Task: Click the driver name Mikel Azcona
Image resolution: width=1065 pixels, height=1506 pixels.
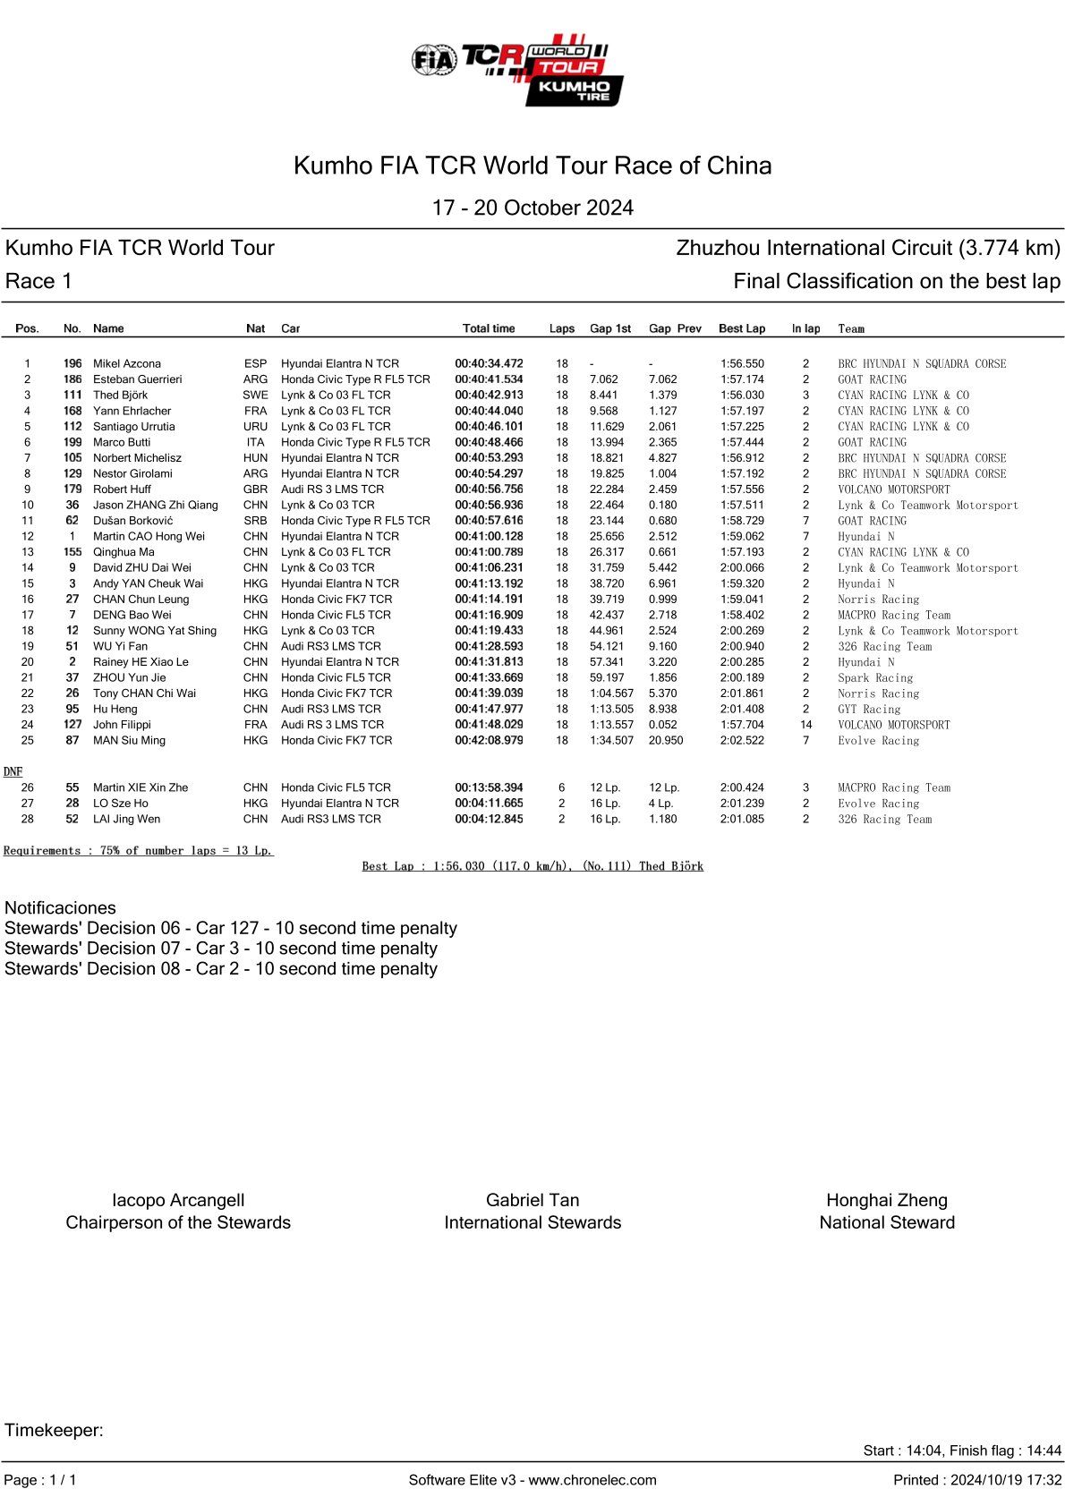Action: pos(127,363)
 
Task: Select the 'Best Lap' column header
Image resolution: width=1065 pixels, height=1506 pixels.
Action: pos(741,328)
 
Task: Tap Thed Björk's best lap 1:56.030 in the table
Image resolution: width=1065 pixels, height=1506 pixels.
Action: pos(742,395)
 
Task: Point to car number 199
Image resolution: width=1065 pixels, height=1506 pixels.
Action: pos(72,442)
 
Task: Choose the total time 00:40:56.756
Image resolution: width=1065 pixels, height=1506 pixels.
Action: pos(489,489)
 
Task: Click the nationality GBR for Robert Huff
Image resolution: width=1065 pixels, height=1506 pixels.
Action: pos(255,489)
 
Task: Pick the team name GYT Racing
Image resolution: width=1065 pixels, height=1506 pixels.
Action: pos(869,709)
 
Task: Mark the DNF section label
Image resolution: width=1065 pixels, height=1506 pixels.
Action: pos(13,771)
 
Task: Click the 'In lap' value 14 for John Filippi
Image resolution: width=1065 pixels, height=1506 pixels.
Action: pos(805,725)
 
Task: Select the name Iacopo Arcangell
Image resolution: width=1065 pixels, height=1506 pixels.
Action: pos(178,1200)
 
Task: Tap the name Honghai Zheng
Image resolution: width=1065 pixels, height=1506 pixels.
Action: pos(886,1200)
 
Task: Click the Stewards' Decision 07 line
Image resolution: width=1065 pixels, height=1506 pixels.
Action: pos(221,949)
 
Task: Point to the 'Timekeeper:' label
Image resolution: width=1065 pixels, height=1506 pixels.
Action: pos(54,1430)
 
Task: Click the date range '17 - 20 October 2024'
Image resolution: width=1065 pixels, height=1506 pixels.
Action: pos(532,208)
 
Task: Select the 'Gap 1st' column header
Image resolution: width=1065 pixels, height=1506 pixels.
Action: pos(609,328)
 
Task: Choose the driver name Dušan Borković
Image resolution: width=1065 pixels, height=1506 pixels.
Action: pos(133,521)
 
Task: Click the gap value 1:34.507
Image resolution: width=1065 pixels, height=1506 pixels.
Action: pos(611,740)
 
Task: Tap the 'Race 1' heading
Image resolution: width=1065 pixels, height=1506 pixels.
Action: pos(38,281)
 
